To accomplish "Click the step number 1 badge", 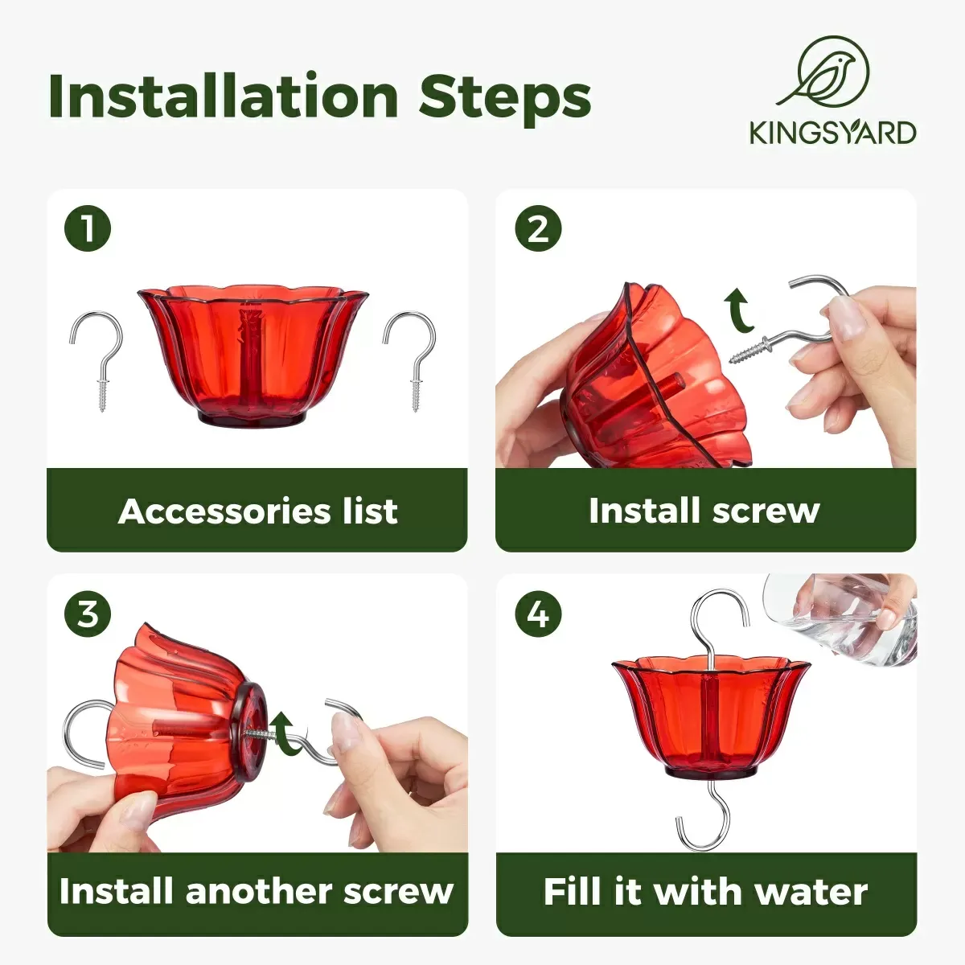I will (87, 229).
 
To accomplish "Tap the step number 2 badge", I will (537, 229).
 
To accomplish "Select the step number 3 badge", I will (87, 614).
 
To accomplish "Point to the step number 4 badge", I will (537, 614).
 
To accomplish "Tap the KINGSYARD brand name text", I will (832, 133).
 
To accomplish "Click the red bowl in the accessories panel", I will (253, 354).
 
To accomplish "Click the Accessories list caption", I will (257, 511).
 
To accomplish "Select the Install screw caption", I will (704, 511).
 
